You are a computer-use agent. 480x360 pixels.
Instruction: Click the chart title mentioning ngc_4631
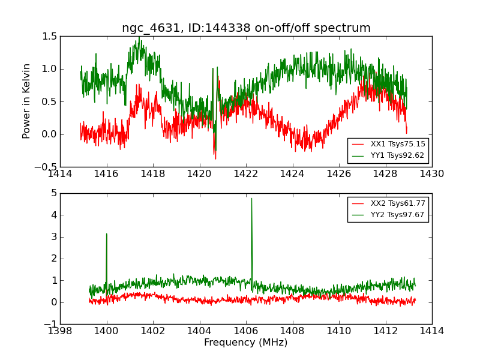pos(246,28)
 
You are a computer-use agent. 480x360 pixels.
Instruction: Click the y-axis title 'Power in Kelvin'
pos(26,101)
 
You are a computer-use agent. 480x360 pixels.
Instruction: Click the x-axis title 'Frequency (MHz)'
pos(246,343)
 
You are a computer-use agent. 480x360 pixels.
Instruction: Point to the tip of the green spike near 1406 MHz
pos(251,199)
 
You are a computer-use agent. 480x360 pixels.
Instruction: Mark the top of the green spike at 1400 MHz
pos(107,234)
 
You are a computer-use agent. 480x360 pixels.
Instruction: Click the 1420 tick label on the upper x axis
pos(199,174)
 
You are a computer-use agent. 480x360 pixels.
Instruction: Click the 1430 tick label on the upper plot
pos(431,174)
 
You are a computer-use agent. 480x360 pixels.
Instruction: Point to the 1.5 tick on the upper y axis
pos(50,36)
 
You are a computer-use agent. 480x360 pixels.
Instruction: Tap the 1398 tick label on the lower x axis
pos(61,331)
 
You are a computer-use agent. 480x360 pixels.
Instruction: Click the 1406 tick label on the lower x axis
pos(246,331)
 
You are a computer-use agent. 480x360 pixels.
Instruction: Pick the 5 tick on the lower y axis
pos(54,193)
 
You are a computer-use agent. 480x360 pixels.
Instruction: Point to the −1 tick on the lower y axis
pos(51,324)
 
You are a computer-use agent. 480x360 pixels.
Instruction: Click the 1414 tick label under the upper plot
pos(61,174)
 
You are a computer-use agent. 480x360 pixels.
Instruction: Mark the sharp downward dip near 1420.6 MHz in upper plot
pos(214,154)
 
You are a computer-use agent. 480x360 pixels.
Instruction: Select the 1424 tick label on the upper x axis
pos(292,174)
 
